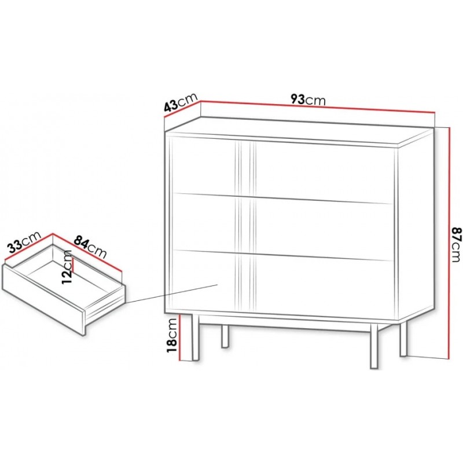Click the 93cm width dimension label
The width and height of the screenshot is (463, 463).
tap(308, 100)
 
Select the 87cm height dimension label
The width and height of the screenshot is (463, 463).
tap(456, 244)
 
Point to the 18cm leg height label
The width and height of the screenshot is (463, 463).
tap(172, 336)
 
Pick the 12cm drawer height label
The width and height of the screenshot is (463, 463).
tap(67, 267)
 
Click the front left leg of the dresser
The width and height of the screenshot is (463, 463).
tap(196, 337)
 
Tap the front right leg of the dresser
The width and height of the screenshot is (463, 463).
tap(374, 346)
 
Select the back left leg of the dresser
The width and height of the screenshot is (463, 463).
tap(225, 336)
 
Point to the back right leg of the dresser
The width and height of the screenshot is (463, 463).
tap(403, 339)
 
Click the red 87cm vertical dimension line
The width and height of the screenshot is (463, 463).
tap(449, 243)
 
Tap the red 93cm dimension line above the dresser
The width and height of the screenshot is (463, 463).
tap(318, 107)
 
